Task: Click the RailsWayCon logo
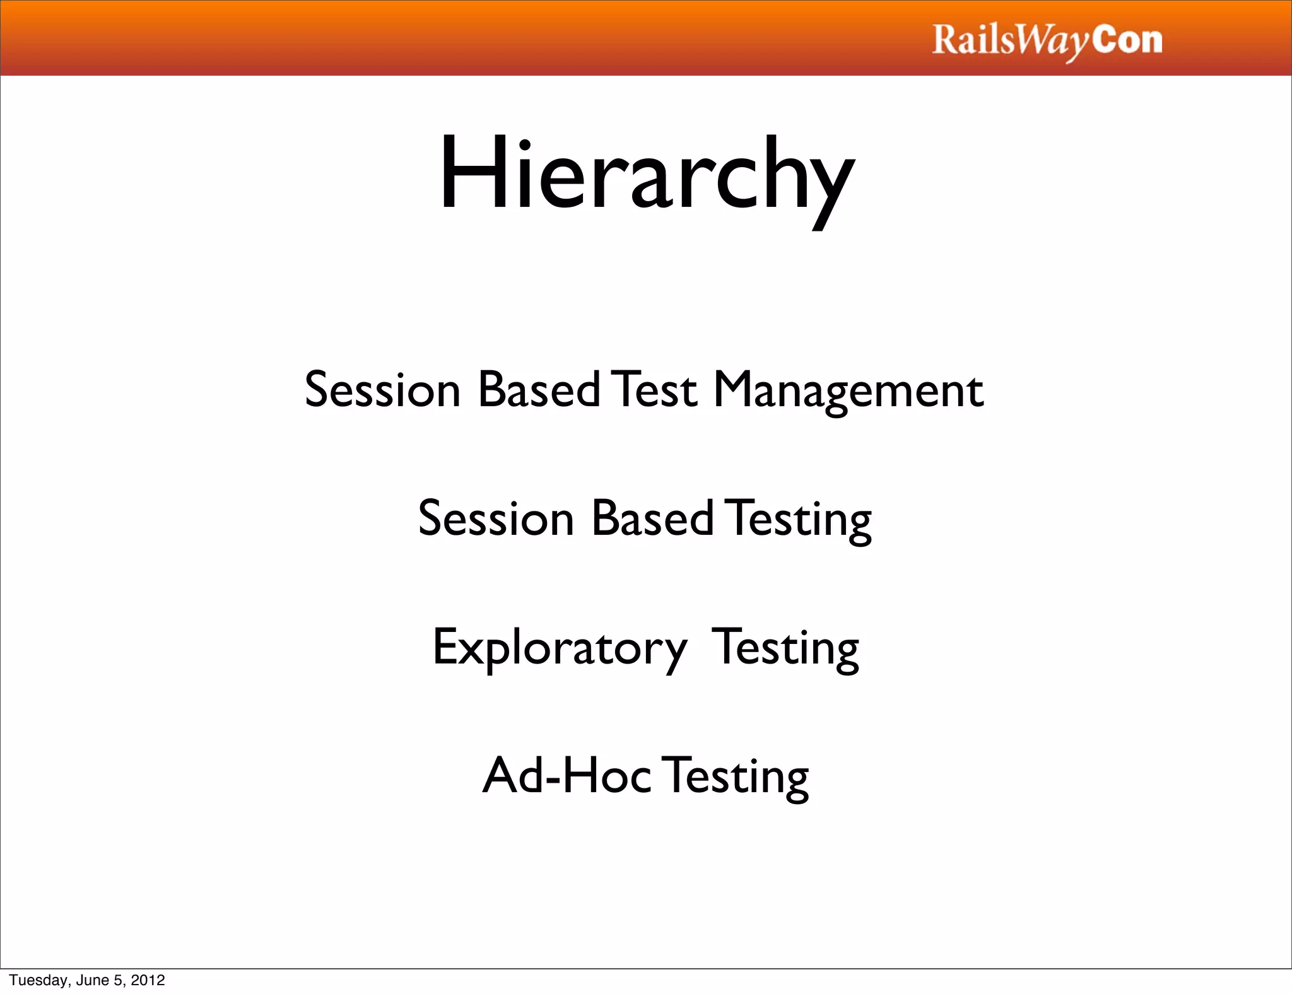[1047, 40]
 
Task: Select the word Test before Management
[656, 390]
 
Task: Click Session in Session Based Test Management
[382, 390]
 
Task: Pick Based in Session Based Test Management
[539, 390]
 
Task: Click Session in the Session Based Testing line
[496, 518]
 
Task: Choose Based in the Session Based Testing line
[652, 518]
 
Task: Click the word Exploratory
[560, 648]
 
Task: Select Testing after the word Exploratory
[785, 648]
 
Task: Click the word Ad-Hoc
[567, 776]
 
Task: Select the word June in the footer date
[92, 980]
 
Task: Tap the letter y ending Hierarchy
[829, 183]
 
